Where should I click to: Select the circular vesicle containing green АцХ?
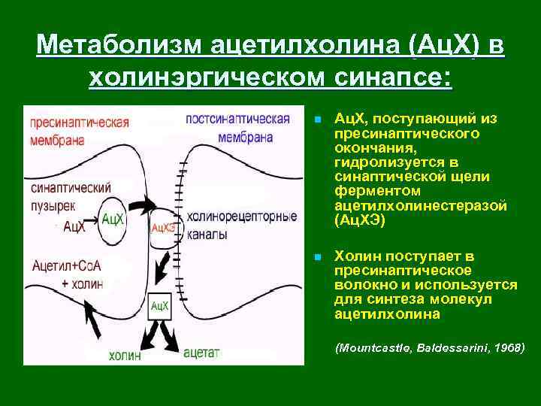point(112,220)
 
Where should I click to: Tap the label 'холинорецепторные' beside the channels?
point(242,217)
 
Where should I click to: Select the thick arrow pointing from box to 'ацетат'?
point(170,334)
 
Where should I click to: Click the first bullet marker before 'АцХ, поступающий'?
point(319,120)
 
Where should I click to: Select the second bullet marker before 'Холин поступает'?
point(319,257)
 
